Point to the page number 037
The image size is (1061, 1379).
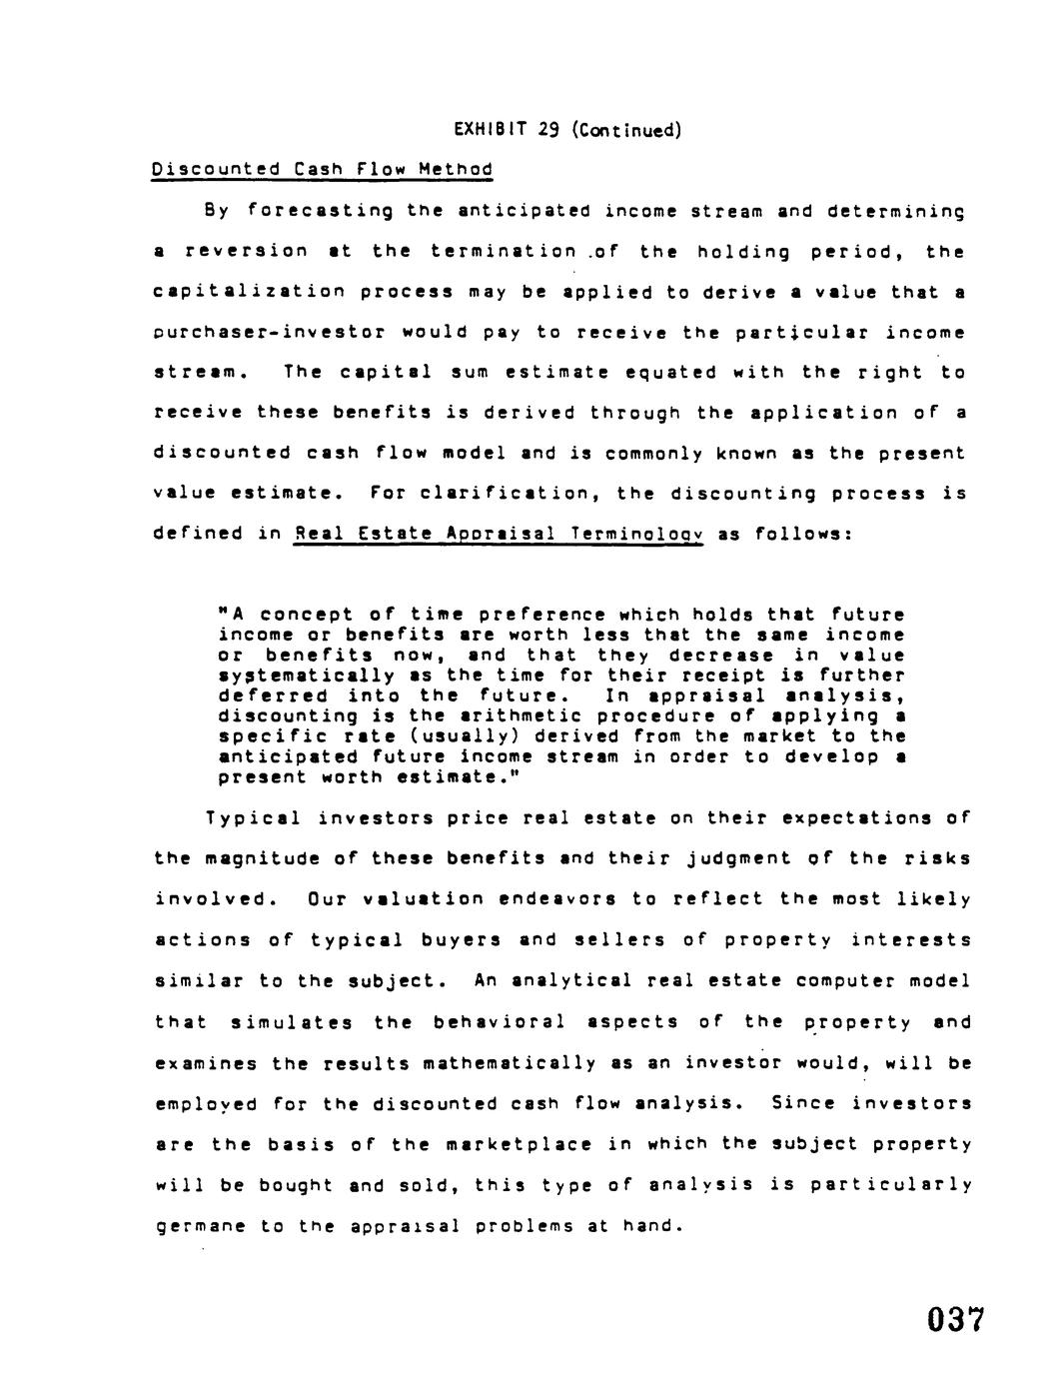(x=955, y=1320)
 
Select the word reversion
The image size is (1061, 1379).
(x=247, y=252)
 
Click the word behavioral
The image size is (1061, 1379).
(x=499, y=1022)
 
